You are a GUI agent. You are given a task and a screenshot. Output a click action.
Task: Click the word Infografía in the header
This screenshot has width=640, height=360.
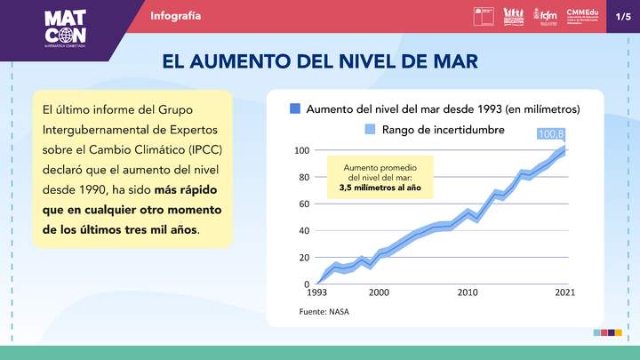[x=175, y=16]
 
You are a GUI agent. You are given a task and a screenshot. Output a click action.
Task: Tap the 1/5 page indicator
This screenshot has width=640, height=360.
[x=622, y=16]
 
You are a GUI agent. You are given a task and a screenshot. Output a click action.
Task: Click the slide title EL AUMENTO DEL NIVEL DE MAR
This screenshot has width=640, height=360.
[x=319, y=60]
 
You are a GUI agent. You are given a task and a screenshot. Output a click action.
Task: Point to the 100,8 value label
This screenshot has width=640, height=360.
[x=551, y=134]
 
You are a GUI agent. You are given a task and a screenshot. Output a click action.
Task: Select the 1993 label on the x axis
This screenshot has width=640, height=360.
[x=317, y=292]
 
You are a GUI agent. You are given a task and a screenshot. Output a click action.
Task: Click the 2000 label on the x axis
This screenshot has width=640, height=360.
[x=379, y=292]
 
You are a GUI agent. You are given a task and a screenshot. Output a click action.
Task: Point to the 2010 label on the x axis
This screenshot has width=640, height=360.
[x=468, y=292]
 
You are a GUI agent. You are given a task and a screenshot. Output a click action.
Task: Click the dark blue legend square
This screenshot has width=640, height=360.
[x=295, y=109]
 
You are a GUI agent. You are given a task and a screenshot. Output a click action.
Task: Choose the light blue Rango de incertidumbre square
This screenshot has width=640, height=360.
[x=371, y=130]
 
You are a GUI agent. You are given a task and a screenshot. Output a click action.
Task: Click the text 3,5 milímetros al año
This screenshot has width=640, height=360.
[x=380, y=188]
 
